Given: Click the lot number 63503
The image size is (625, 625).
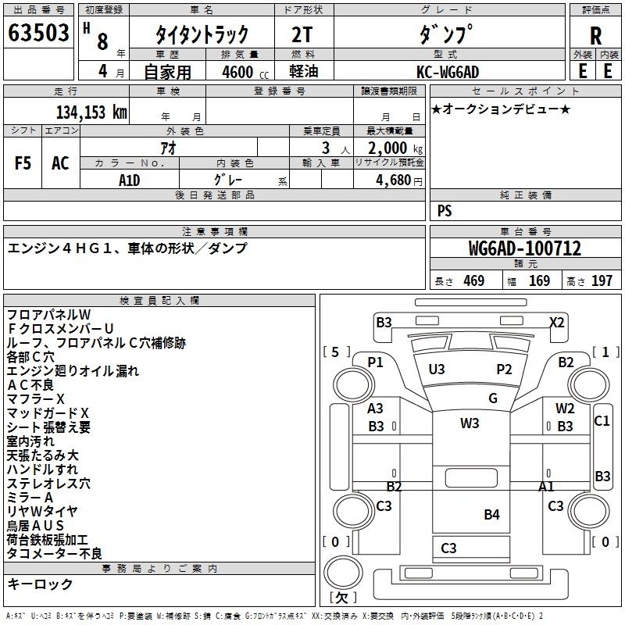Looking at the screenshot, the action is click(x=38, y=32).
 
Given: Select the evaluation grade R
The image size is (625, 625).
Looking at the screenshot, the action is click(x=595, y=36).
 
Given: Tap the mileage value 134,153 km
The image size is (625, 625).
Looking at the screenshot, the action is click(x=91, y=112).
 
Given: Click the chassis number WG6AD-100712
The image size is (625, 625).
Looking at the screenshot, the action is click(x=525, y=248).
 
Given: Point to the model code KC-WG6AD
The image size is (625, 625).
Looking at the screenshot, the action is click(x=448, y=72).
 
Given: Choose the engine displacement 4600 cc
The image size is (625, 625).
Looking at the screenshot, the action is click(x=245, y=72).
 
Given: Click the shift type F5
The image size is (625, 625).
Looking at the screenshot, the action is click(x=23, y=163).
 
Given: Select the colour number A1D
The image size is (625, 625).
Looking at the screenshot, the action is click(x=129, y=180).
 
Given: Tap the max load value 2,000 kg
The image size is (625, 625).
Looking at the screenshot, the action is click(x=395, y=148).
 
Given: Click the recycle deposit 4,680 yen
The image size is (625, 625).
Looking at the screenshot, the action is click(x=399, y=180).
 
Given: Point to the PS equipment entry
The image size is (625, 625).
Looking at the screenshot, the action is click(x=445, y=210).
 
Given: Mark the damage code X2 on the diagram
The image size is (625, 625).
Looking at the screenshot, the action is click(x=557, y=322).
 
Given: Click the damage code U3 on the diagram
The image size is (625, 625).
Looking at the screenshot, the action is click(x=437, y=369).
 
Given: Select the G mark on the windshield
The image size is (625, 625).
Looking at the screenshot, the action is click(x=493, y=398).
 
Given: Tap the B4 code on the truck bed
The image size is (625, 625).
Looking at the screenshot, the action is click(x=491, y=514).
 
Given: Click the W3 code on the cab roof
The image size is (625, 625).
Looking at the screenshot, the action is click(x=470, y=423).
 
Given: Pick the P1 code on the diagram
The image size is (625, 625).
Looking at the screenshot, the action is click(x=375, y=362).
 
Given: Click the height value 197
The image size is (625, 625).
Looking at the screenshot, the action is click(x=602, y=280).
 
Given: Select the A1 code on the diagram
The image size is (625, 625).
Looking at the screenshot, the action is click(x=546, y=486).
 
